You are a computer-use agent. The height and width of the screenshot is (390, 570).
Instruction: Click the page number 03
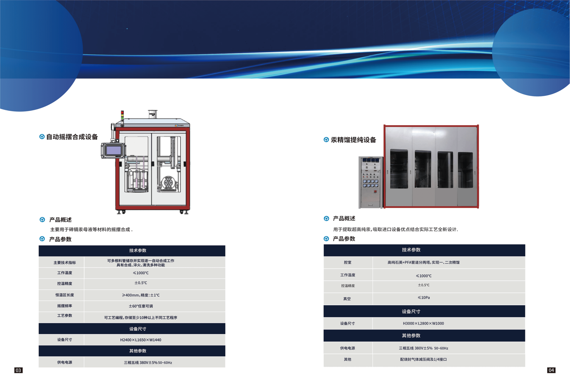coord(18,370)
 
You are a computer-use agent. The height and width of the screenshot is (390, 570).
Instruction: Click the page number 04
coord(551,370)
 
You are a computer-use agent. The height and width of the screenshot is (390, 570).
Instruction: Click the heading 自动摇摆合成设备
coord(72,137)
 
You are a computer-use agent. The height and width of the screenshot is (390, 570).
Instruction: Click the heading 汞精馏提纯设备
coord(353,140)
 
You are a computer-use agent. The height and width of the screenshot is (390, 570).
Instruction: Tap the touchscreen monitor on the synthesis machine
coord(113,151)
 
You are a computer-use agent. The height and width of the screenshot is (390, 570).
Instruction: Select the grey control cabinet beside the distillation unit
coord(371,182)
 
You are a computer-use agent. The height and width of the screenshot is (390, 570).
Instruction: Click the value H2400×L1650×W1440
coord(140,340)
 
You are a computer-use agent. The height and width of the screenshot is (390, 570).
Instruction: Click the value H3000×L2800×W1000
coord(423,323)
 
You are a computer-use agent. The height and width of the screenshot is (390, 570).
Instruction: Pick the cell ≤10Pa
coord(424,298)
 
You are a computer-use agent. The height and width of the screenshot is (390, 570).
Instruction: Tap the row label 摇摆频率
coord(65,306)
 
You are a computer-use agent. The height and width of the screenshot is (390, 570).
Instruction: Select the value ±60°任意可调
coord(140,306)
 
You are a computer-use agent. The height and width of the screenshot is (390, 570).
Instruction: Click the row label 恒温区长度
coord(65,295)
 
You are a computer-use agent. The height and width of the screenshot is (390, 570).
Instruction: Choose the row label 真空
coord(347,299)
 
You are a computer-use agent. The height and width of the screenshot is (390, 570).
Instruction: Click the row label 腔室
coord(347,262)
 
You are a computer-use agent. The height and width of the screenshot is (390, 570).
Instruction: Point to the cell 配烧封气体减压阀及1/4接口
coord(423,359)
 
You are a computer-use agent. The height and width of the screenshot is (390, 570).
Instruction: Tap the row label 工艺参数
coord(65,315)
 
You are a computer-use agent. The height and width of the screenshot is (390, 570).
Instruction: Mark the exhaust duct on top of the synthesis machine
coord(153,114)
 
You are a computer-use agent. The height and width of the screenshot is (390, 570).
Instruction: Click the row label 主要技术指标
coord(65,263)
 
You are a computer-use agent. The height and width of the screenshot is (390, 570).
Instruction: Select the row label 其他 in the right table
coord(347,359)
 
